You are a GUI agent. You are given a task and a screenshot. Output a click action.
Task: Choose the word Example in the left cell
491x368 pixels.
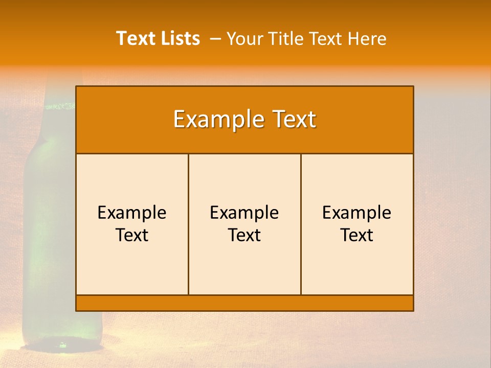(132, 213)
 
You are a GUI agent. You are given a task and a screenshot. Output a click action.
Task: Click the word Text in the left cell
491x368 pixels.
(132, 235)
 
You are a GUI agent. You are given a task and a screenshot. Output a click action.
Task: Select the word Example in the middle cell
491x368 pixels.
(244, 213)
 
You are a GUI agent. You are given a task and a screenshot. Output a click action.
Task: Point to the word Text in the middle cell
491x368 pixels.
(244, 235)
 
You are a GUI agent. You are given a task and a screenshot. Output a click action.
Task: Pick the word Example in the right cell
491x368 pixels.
(356, 213)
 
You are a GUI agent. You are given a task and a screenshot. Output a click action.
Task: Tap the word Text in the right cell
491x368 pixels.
(356, 235)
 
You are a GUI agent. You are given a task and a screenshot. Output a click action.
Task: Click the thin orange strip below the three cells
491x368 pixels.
(244, 303)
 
